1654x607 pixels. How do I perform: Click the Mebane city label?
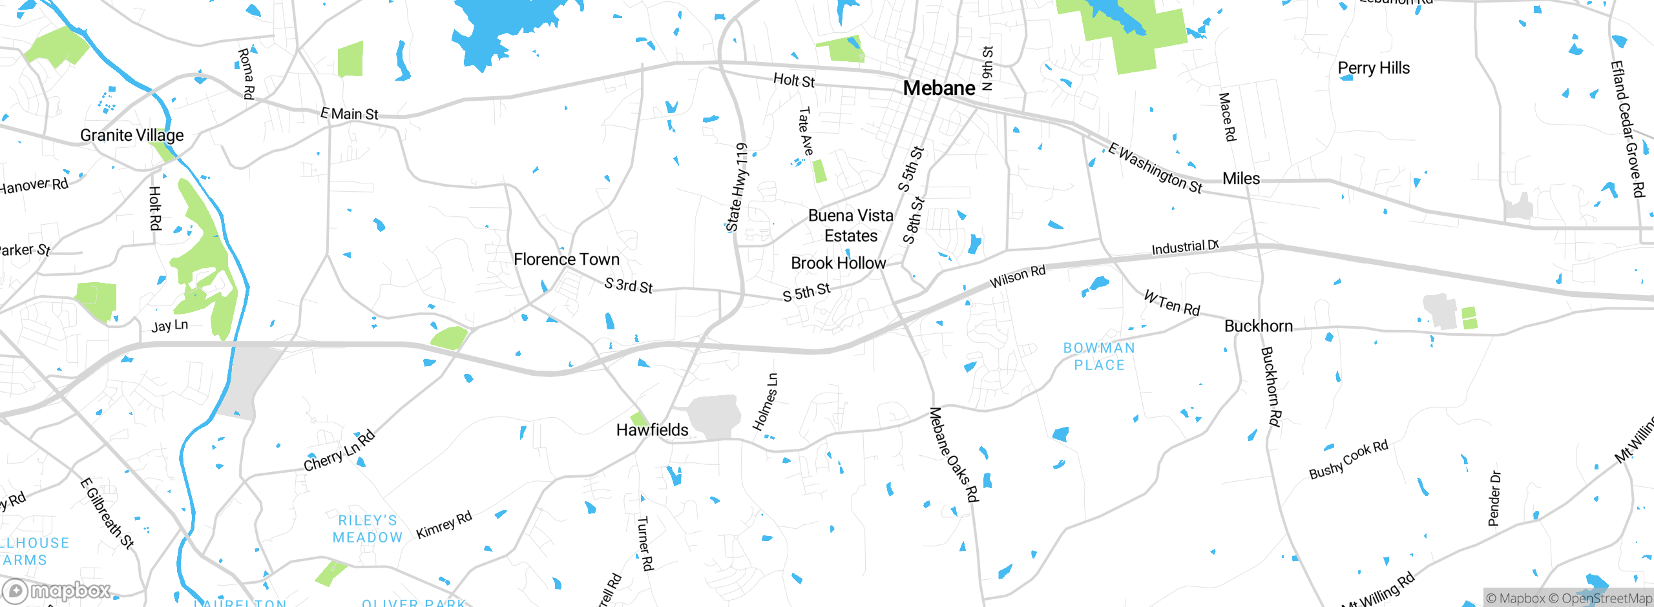(939, 88)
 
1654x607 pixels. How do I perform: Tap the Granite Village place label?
(132, 135)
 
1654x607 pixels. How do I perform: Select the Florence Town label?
(567, 260)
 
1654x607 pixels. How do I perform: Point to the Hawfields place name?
(652, 430)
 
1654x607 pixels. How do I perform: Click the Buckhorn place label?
(1258, 326)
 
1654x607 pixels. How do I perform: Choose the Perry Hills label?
(1374, 68)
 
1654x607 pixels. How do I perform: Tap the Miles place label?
(1240, 179)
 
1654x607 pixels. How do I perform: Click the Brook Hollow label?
(838, 263)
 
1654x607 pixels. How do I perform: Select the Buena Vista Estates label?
(850, 225)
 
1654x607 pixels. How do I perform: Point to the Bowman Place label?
(1099, 356)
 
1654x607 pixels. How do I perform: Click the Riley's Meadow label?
(368, 529)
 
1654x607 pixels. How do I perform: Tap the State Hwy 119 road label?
(737, 187)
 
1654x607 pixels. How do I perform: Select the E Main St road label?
(350, 114)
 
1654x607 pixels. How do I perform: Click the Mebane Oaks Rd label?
(954, 455)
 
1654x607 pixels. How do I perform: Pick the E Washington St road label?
(1155, 168)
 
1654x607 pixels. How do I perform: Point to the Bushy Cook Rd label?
(1348, 460)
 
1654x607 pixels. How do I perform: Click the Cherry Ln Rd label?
(339, 451)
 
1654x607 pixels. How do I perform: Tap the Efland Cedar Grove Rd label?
(1627, 129)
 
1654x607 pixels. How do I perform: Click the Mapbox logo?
(57, 591)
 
